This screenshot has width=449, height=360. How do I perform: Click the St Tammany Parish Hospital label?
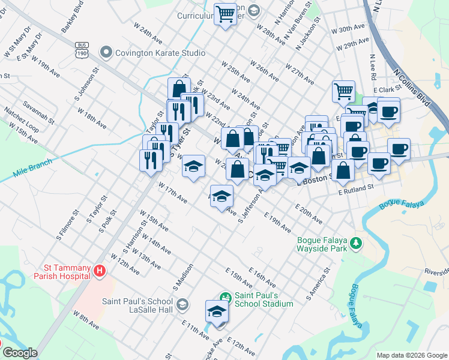(67, 272)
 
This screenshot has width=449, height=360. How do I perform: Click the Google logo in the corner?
(20, 353)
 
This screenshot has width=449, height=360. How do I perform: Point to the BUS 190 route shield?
(82, 50)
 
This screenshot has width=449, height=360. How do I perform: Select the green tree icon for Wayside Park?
(357, 242)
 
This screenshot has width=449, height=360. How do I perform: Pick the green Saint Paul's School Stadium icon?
(225, 297)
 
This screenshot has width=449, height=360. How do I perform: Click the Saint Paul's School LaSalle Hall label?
(137, 304)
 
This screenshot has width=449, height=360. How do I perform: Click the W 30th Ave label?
(352, 29)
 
